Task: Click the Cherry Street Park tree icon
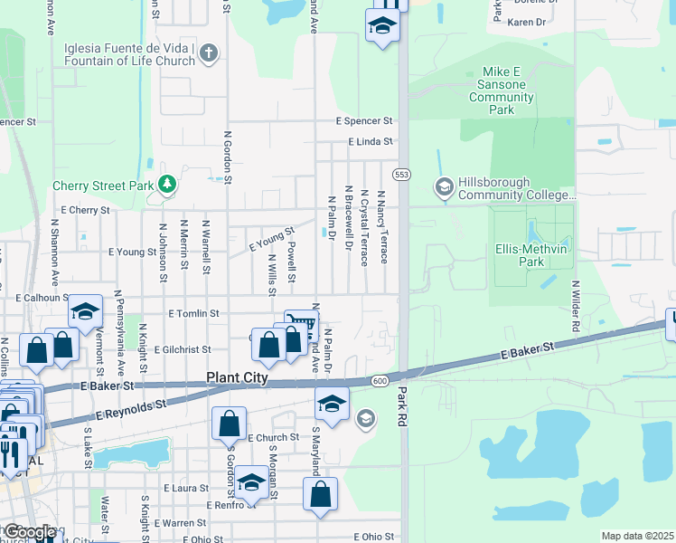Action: click(166, 186)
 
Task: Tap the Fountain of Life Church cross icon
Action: click(209, 52)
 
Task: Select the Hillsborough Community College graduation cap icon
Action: click(444, 187)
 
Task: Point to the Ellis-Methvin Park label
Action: click(531, 254)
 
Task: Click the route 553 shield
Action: click(401, 173)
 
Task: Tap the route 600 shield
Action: click(380, 381)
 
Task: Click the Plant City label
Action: click(238, 378)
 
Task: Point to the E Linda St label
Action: click(371, 142)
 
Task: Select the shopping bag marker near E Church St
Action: click(230, 424)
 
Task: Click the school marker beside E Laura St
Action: click(251, 482)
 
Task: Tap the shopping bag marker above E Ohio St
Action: click(320, 494)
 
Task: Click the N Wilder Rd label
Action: click(574, 304)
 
